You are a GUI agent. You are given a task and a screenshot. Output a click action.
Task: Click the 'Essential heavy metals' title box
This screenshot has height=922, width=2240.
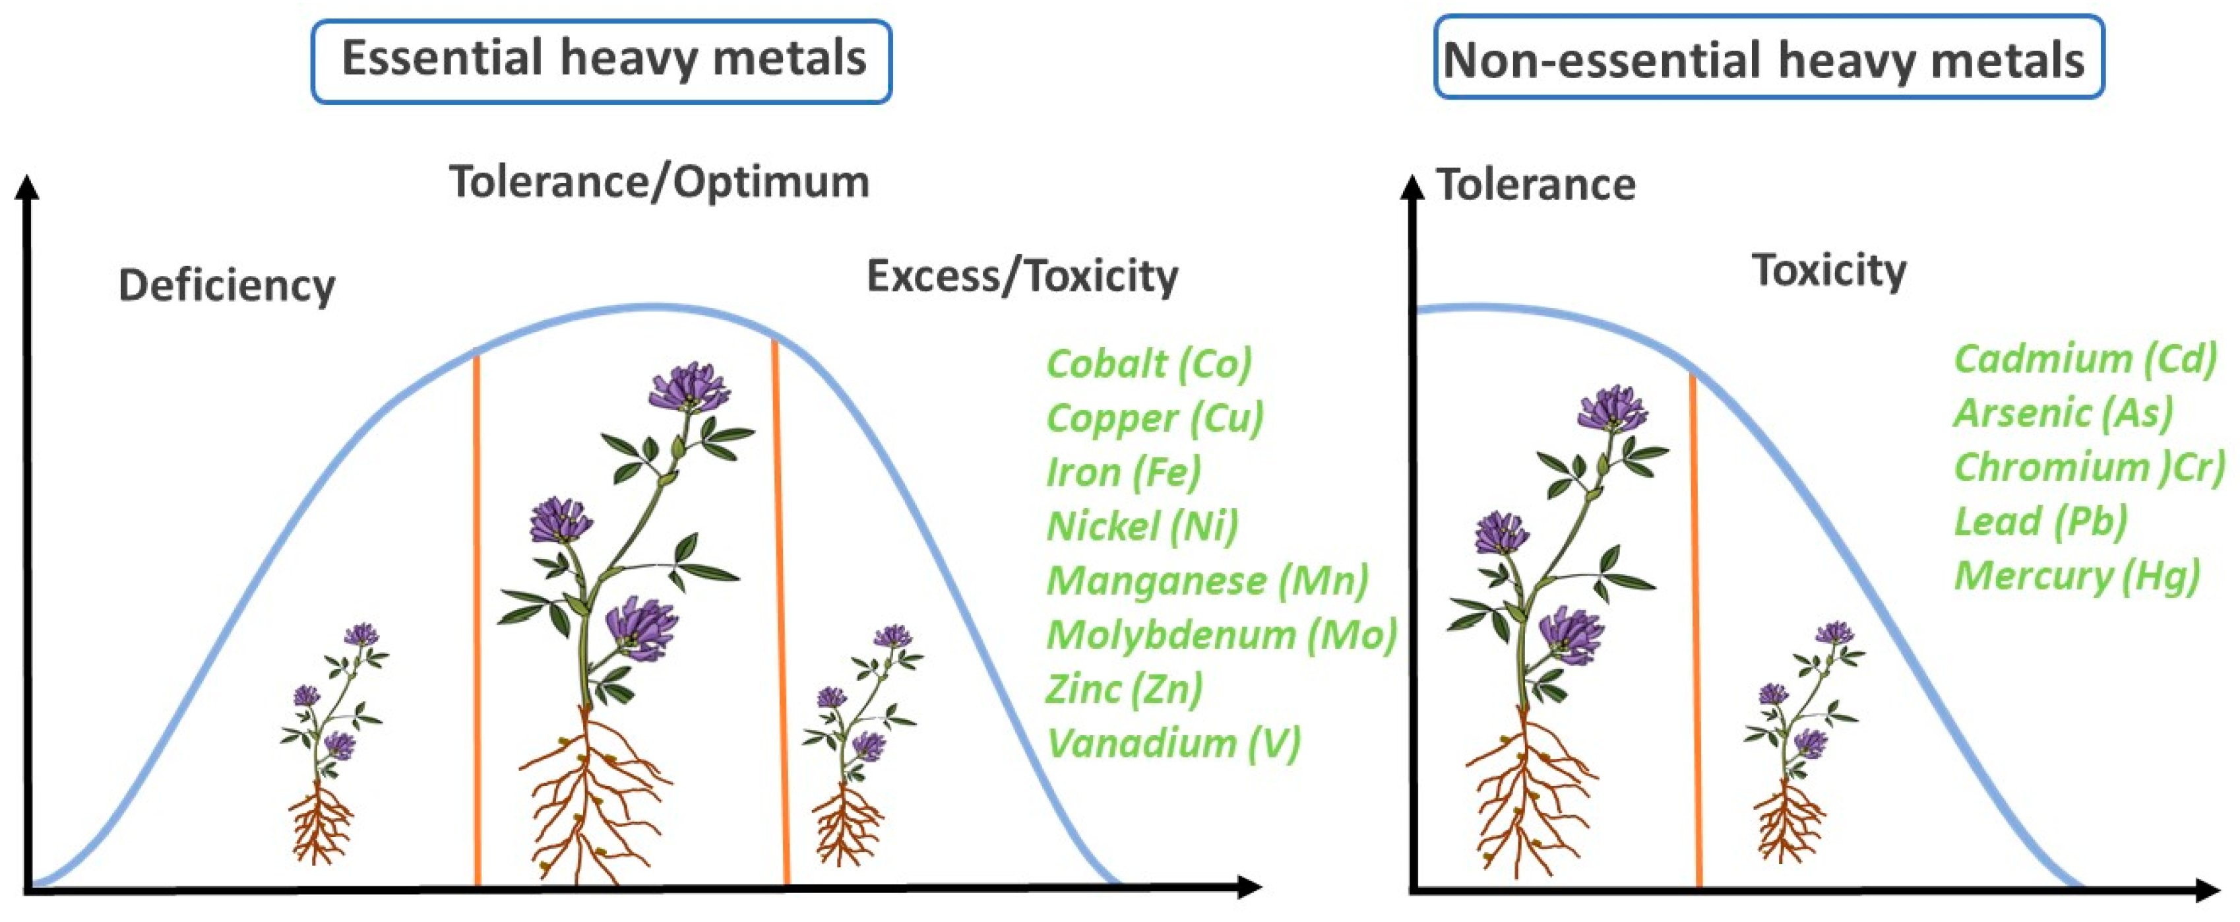pos(602,61)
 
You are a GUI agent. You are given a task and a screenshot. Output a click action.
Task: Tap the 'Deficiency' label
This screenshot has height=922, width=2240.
pos(227,286)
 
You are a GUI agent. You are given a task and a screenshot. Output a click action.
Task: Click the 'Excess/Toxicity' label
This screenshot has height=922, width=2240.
pos(1022,277)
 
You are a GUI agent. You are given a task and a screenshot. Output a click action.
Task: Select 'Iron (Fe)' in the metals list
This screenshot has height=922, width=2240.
pos(1123,473)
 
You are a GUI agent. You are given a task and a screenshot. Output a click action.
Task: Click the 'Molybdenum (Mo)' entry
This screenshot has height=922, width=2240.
pos(1221,635)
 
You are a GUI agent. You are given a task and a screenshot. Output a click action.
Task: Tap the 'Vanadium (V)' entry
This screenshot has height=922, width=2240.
pos(1173,744)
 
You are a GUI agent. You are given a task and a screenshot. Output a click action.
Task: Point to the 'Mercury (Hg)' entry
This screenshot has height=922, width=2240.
pos(2076,576)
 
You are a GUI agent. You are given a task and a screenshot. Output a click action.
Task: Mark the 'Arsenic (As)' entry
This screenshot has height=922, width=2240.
pos(2063,413)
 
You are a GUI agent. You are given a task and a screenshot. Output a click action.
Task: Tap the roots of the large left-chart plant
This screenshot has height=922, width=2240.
pos(591,800)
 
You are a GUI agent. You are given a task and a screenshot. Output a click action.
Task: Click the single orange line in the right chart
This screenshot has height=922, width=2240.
pos(1696,626)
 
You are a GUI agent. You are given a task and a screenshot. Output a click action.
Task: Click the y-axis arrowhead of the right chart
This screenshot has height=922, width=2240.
pos(1413,186)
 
